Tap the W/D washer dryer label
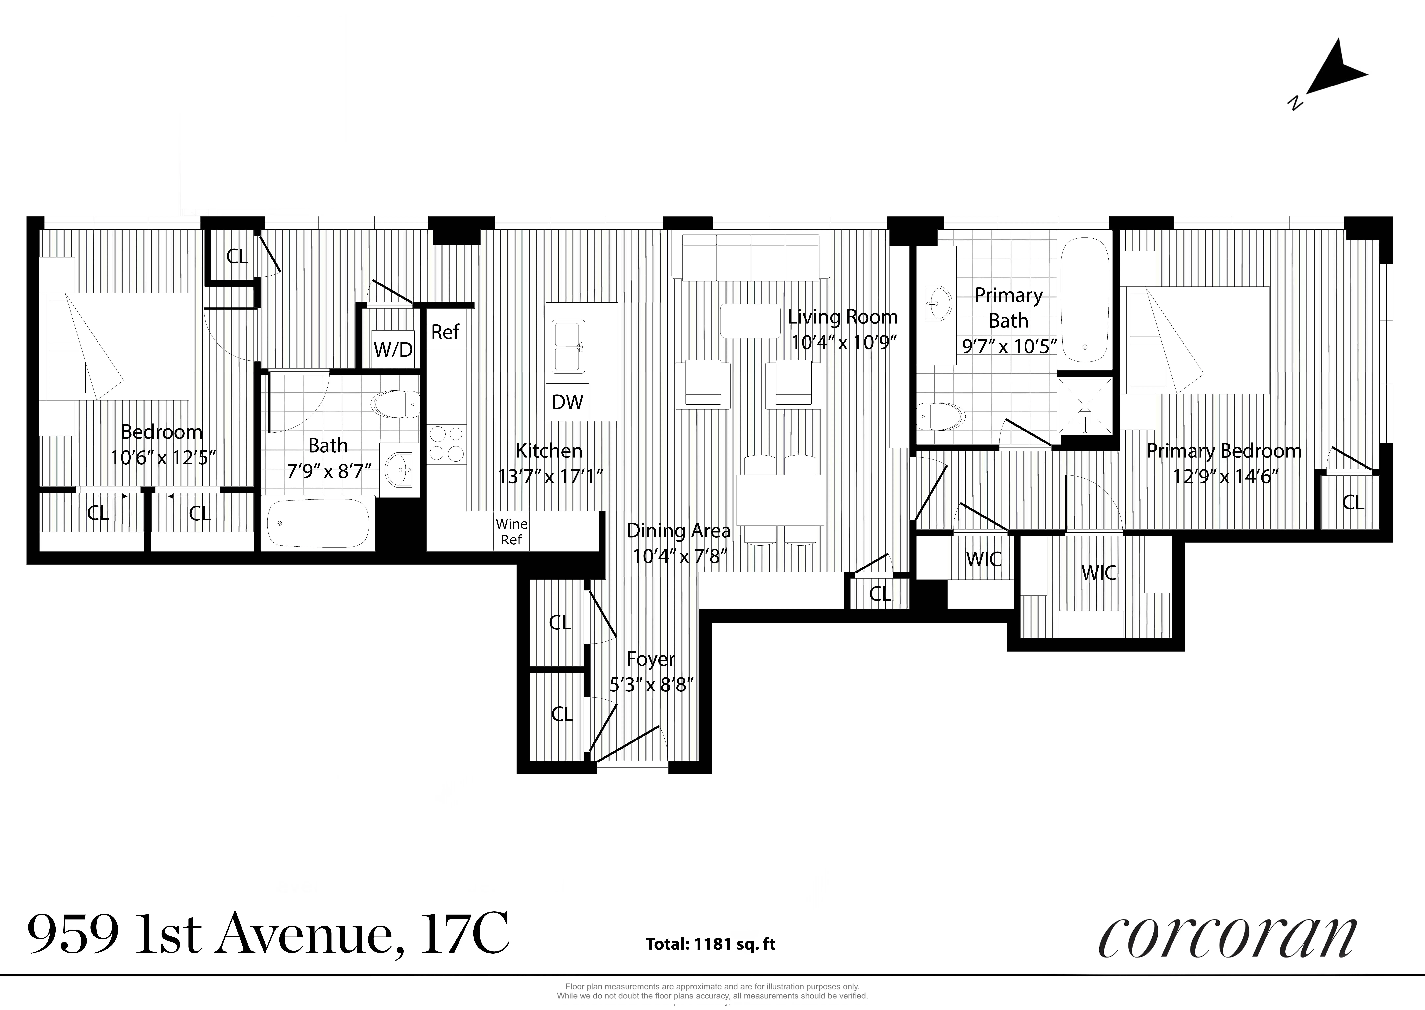coord(393,349)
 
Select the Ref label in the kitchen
coord(445,332)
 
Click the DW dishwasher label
coord(567,402)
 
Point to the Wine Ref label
coord(511,532)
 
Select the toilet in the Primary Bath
coord(940,415)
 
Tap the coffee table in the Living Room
coord(750,321)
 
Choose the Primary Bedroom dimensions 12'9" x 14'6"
coord(1225,476)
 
